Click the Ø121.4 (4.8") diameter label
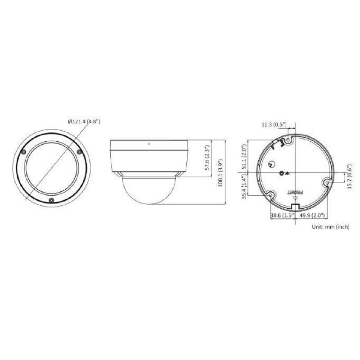tap(84, 121)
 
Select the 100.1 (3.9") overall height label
tap(220, 173)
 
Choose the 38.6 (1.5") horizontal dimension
tap(282, 216)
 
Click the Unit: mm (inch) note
tap(331, 227)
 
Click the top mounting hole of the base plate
tap(288, 140)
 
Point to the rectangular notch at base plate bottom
tap(296, 206)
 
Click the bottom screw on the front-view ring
tap(51, 200)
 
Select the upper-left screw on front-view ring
tap(24, 152)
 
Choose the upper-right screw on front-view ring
tap(79, 152)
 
